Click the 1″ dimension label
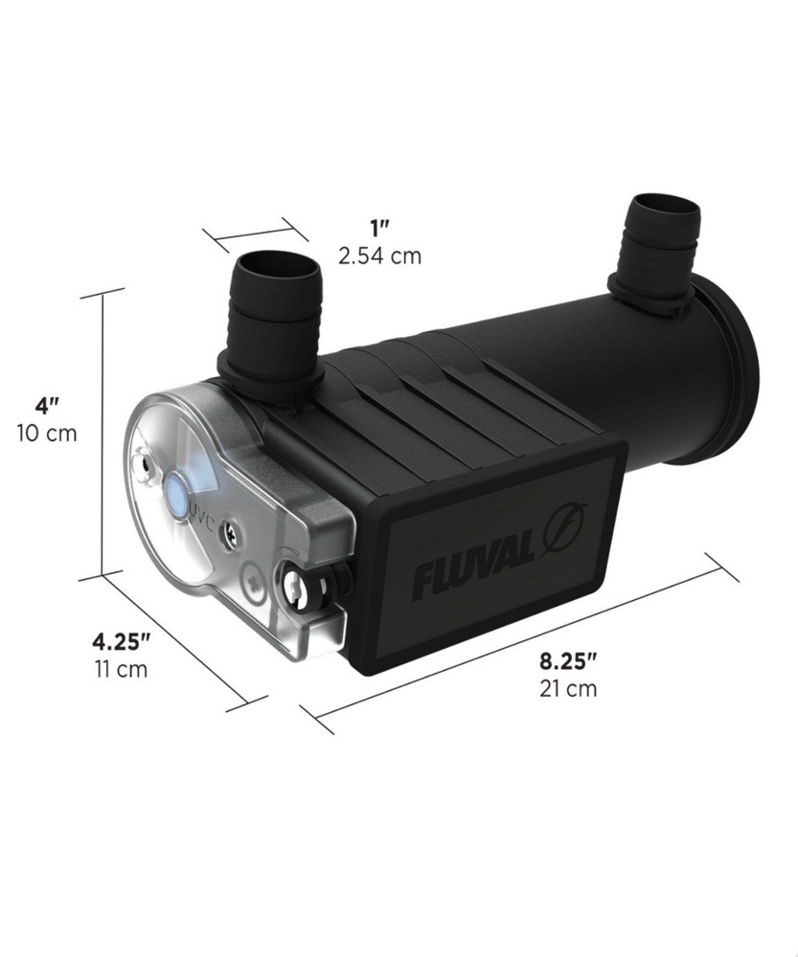pyautogui.click(x=380, y=228)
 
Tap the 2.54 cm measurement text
pyautogui.click(x=379, y=256)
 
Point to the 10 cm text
pyautogui.click(x=45, y=434)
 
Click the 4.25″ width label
pyautogui.click(x=120, y=639)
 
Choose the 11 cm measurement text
pyautogui.click(x=121, y=668)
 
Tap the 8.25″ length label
pyautogui.click(x=568, y=659)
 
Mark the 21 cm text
pyautogui.click(x=568, y=687)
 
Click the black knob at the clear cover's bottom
pyautogui.click(x=308, y=585)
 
